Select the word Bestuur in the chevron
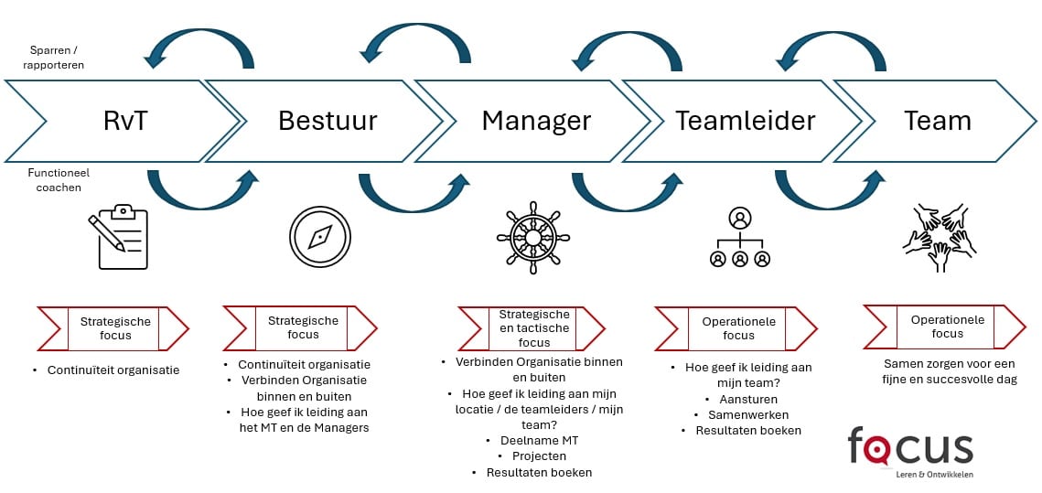tap(328, 121)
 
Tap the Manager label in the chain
tap(536, 121)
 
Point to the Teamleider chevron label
tap(746, 121)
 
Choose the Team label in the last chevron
tap(937, 121)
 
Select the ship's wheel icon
tap(533, 237)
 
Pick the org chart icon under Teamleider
tap(739, 238)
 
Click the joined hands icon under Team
tap(940, 237)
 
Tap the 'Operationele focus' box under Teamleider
tap(738, 328)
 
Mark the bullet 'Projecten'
tap(538, 455)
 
